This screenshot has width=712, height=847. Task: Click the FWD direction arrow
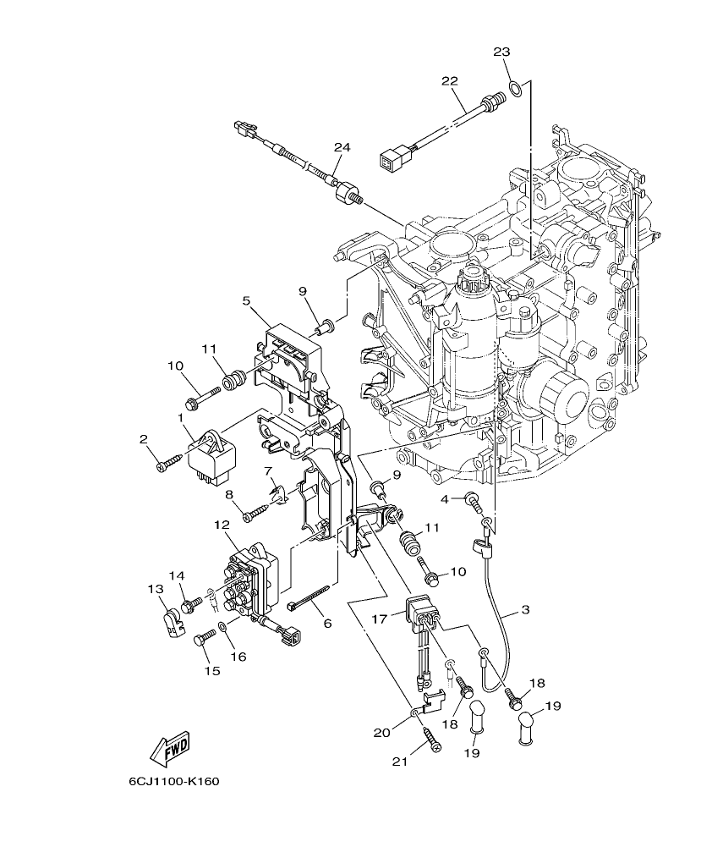pyautogui.click(x=171, y=748)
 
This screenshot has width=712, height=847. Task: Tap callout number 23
pyautogui.click(x=501, y=52)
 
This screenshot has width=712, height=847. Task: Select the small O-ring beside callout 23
pyautogui.click(x=513, y=85)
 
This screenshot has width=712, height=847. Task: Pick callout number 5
pyautogui.click(x=246, y=300)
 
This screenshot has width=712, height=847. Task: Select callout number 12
pyautogui.click(x=222, y=525)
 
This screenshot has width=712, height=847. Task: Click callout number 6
pyautogui.click(x=327, y=623)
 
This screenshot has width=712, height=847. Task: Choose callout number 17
pyautogui.click(x=378, y=619)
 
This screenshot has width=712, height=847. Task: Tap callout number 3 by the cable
pyautogui.click(x=524, y=609)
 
